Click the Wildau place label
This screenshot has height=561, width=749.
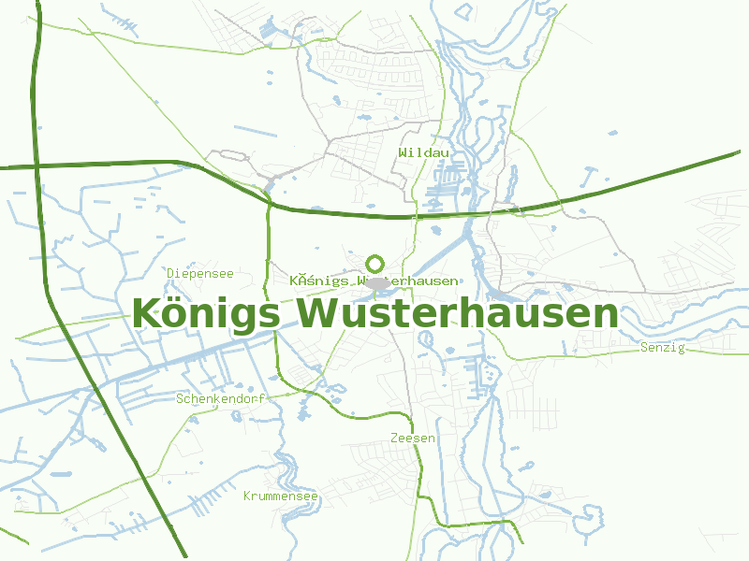423,152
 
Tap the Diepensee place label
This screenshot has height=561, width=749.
199,273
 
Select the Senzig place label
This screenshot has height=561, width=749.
662,348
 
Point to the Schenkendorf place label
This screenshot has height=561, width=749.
220,398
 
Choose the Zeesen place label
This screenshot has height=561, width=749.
412,438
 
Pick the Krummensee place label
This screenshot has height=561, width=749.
280,496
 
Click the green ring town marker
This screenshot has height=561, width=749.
375,264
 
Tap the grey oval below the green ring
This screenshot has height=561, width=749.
376,282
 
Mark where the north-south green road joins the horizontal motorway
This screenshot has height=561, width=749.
268,199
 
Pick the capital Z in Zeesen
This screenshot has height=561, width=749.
394,438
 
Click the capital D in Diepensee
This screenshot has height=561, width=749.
171,273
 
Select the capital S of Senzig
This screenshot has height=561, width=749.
644,348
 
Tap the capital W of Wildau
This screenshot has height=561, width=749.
402,152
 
